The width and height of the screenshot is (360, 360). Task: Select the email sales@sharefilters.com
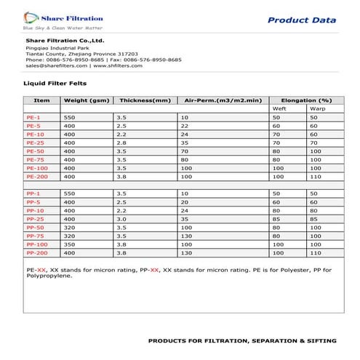click(x=55, y=65)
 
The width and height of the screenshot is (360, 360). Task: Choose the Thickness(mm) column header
click(x=143, y=100)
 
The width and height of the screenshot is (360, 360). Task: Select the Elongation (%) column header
click(x=305, y=100)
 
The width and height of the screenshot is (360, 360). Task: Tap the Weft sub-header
click(x=279, y=108)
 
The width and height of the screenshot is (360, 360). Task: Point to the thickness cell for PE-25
click(x=124, y=143)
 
